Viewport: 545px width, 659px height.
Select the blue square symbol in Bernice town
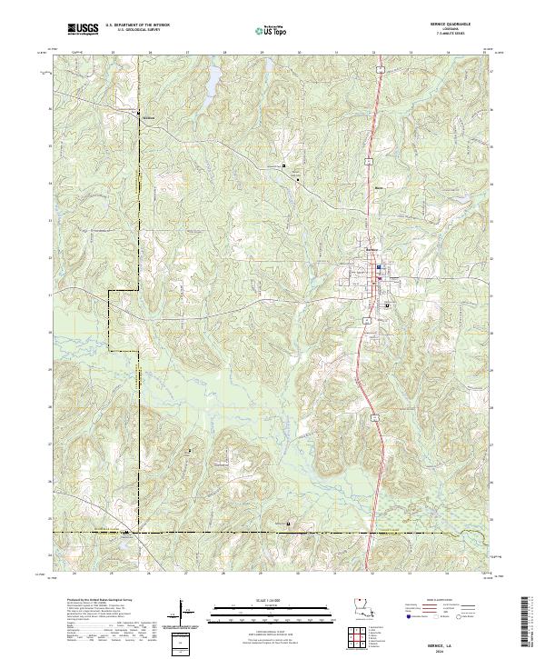379,266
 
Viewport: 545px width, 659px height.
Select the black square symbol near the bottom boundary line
288,523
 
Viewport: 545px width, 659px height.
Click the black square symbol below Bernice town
387,306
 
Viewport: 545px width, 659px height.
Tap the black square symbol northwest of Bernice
283,166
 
